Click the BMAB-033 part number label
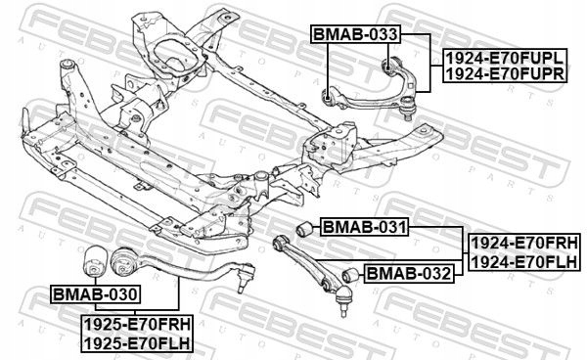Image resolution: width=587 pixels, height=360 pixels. [x=355, y=34]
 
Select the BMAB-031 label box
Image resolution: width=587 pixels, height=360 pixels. [x=364, y=227]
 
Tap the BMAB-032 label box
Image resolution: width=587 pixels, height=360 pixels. [x=409, y=274]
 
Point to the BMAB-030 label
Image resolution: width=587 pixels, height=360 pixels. [x=96, y=294]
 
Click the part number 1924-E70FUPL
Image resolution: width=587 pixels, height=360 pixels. [x=505, y=58]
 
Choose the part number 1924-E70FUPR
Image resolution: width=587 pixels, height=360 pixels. [x=505, y=73]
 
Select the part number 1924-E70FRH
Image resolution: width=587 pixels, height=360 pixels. [x=524, y=244]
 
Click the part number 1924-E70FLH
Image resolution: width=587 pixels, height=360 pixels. [x=524, y=262]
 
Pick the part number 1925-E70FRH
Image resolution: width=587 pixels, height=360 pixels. [x=137, y=324]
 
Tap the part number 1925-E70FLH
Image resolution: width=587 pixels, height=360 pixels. [x=137, y=343]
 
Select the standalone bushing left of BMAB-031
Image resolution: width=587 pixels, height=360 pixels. [x=304, y=229]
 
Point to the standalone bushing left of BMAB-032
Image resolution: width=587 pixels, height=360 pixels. [x=351, y=276]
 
